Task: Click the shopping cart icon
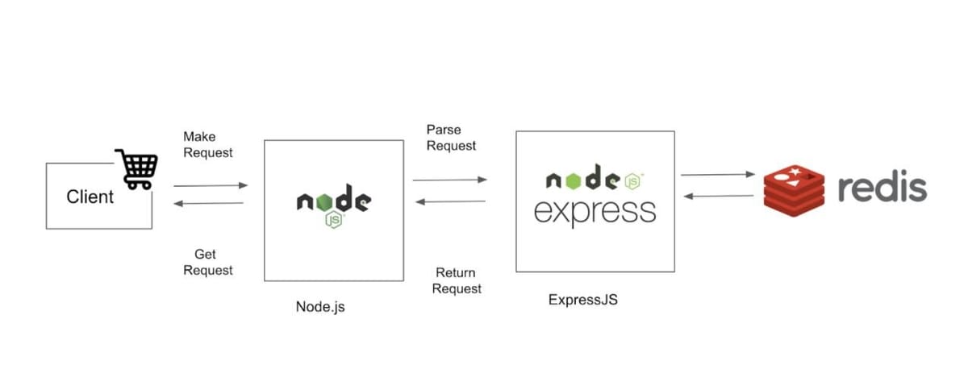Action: [136, 168]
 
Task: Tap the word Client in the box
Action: [90, 197]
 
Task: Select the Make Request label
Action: [208, 144]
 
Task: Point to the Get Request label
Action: [208, 262]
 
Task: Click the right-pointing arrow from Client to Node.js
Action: [211, 185]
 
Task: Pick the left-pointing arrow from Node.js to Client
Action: [209, 203]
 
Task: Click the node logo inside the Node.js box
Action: [333, 202]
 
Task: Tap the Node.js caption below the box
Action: [320, 307]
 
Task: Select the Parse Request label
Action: [451, 138]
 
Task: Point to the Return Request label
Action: [457, 280]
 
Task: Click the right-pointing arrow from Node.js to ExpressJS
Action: [449, 180]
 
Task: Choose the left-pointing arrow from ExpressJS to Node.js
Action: [450, 201]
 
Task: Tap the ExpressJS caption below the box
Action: [582, 300]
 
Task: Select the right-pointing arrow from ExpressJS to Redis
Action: [717, 174]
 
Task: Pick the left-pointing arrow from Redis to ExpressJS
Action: [717, 196]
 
